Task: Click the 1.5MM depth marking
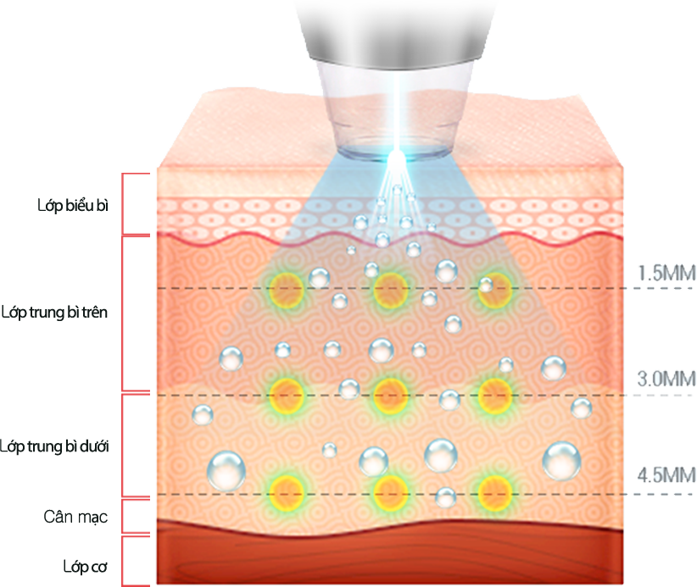(x=666, y=273)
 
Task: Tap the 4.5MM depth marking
(x=666, y=474)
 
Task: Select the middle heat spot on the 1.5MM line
(x=389, y=289)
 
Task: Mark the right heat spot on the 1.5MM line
(x=494, y=287)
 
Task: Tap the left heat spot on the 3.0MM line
(x=286, y=393)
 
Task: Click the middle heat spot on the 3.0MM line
(x=389, y=393)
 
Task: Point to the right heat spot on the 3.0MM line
(x=494, y=393)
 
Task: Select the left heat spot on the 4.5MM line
(x=285, y=491)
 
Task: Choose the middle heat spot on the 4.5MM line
(x=389, y=491)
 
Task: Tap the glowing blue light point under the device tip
(x=393, y=154)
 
